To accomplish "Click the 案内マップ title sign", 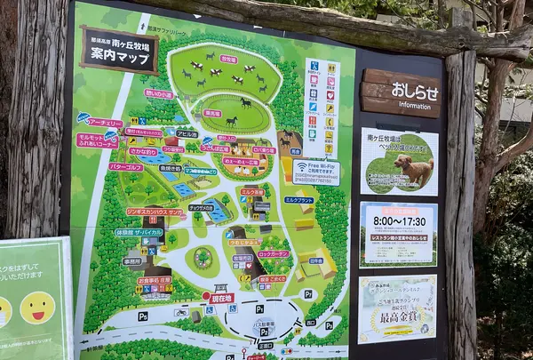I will tap(119, 50).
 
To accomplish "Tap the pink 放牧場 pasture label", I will tap(228, 60).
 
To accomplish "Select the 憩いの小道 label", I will tap(159, 93).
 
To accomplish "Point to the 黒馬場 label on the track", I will tap(212, 113).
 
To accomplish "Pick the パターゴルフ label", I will tap(126, 167).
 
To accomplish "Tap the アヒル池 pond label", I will tap(187, 133).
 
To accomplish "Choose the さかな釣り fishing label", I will tap(142, 152).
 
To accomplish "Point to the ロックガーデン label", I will tap(273, 254).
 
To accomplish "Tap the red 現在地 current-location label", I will tap(221, 299).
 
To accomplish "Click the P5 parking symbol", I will tap(142, 316).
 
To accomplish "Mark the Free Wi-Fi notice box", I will tap(315, 172).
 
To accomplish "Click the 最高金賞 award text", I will tap(397, 316).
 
